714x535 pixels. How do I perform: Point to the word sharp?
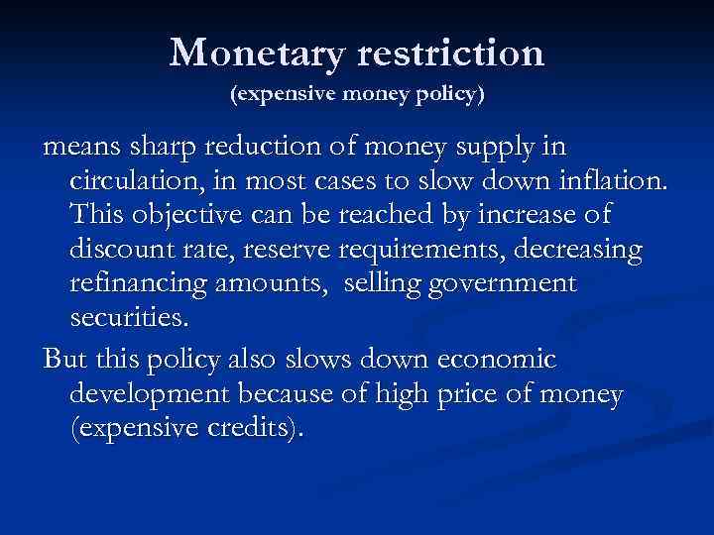coord(167,149)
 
